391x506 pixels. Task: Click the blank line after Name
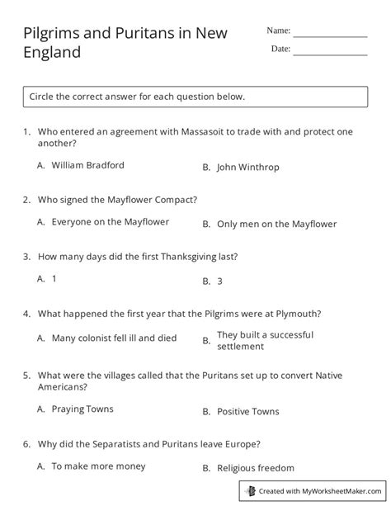click(330, 34)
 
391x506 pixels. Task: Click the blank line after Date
click(330, 52)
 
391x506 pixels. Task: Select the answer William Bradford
click(87, 165)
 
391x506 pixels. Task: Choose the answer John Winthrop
click(247, 167)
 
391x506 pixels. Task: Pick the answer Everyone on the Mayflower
click(110, 222)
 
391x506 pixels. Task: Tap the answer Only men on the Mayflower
click(276, 224)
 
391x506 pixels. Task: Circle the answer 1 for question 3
click(54, 279)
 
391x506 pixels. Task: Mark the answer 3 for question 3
click(219, 281)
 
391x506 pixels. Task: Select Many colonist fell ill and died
click(114, 338)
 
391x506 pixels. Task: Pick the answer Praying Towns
click(82, 409)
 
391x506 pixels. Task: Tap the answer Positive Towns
click(247, 411)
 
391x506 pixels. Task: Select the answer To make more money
click(97, 466)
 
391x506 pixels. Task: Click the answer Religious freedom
click(255, 468)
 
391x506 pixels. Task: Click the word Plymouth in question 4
click(295, 314)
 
